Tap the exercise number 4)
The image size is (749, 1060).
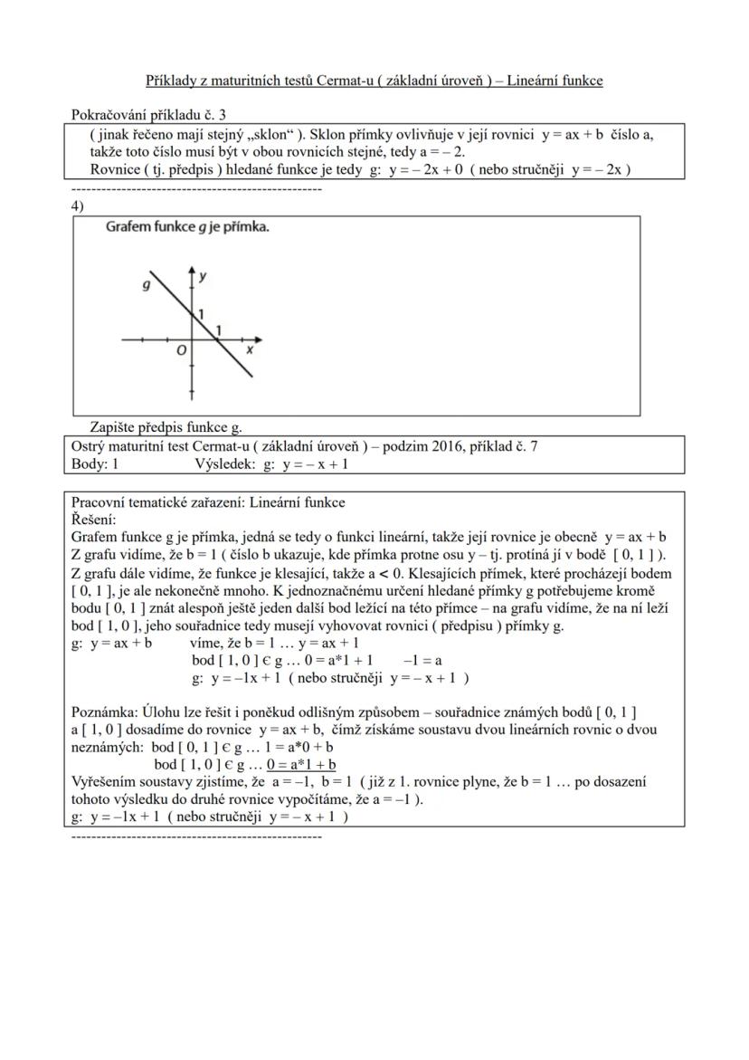(x=78, y=205)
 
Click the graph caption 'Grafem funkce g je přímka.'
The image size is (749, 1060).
(x=187, y=227)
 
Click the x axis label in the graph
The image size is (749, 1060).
(x=250, y=349)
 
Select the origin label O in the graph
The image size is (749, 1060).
(x=181, y=350)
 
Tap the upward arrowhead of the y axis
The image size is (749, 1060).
(x=192, y=271)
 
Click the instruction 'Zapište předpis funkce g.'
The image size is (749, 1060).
(x=166, y=427)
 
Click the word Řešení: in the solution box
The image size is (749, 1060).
(x=93, y=520)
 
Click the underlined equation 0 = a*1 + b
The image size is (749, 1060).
(x=301, y=765)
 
